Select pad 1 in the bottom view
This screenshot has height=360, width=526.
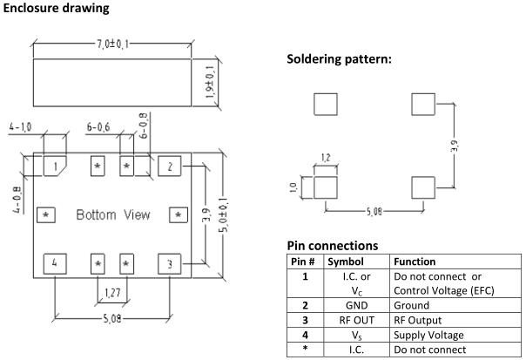[x=55, y=165]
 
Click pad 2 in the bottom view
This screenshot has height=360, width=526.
[x=170, y=165]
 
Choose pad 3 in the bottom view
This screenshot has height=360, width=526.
[x=170, y=263]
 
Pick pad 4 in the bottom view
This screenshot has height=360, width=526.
[x=55, y=263]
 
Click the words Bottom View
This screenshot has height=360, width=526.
[x=112, y=214]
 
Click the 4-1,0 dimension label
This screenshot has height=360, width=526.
[x=20, y=127]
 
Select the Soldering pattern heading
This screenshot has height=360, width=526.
[x=339, y=59]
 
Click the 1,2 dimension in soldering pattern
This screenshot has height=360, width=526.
[x=325, y=159]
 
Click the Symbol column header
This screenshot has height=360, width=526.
[x=345, y=261]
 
